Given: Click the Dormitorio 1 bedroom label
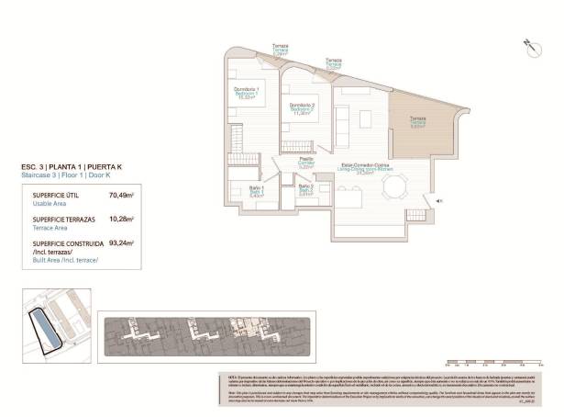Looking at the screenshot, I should click(x=244, y=92).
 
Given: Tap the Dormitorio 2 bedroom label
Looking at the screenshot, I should click(x=303, y=108).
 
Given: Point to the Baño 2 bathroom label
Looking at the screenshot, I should click(x=305, y=190).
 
